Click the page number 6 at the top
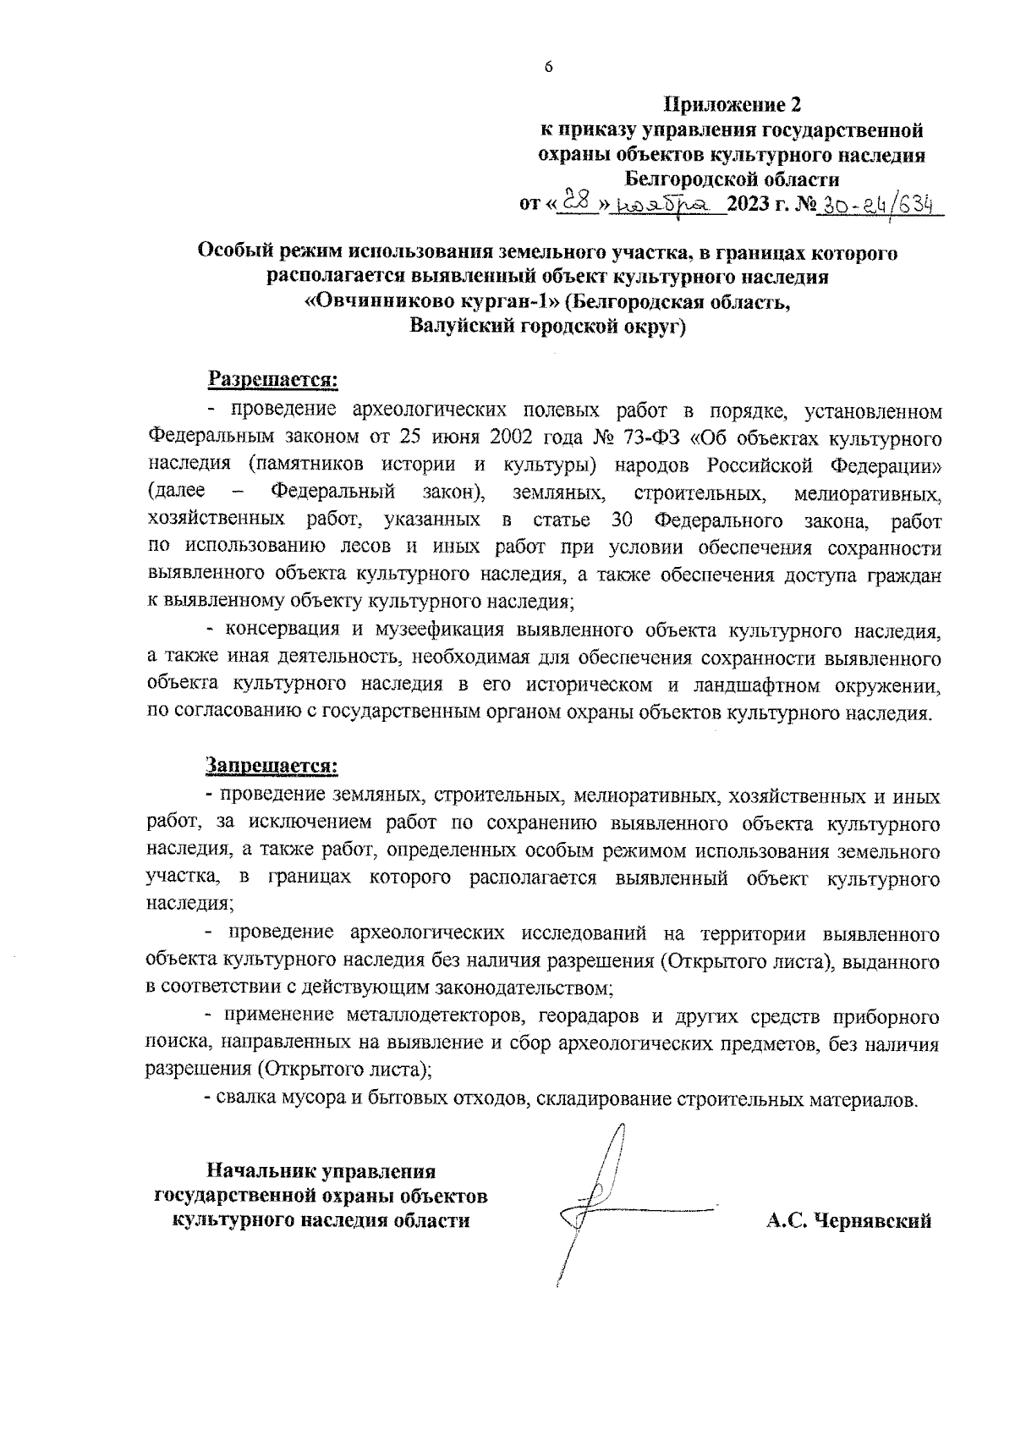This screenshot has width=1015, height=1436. click(x=548, y=68)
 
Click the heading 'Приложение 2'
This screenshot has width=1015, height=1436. click(x=732, y=105)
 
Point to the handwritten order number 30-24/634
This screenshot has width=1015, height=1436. click(x=876, y=203)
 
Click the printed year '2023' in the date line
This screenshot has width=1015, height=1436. click(x=745, y=204)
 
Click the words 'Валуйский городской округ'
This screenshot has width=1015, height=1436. click(x=547, y=327)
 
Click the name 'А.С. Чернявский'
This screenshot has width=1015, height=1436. click(x=849, y=1220)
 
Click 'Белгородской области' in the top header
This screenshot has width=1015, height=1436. click(x=732, y=179)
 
